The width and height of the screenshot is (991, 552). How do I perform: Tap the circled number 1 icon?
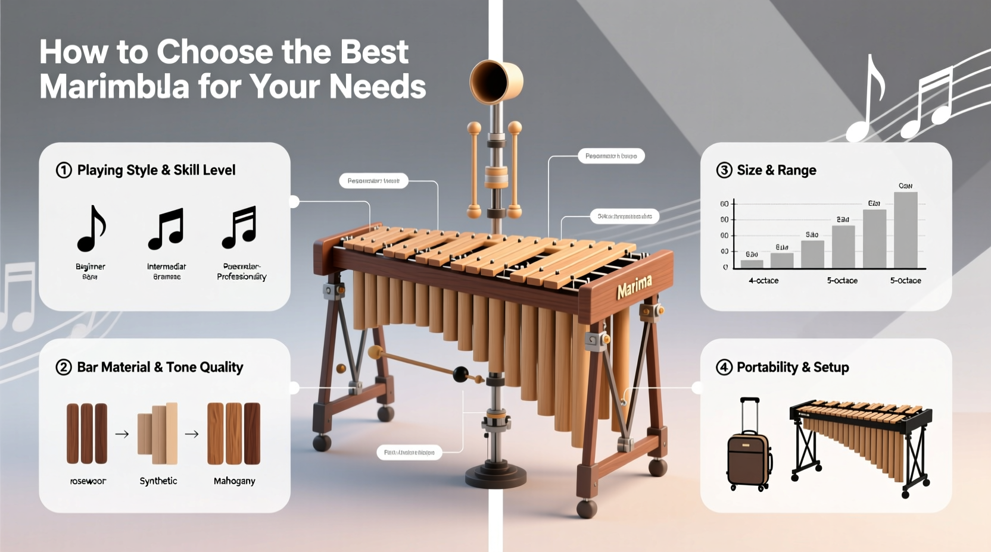tap(64, 171)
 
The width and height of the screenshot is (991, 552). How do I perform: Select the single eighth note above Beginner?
tap(91, 228)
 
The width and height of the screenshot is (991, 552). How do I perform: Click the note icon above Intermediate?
tap(166, 228)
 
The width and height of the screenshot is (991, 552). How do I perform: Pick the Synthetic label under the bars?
tap(158, 481)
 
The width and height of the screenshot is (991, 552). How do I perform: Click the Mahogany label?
tap(234, 481)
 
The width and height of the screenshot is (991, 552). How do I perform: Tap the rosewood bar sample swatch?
tap(87, 433)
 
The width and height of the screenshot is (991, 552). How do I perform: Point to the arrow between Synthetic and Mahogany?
tap(192, 434)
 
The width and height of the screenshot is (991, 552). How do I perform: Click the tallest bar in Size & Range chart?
tap(905, 230)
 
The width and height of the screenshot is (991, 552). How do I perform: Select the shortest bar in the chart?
tap(752, 264)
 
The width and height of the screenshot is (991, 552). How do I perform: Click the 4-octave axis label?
tap(763, 281)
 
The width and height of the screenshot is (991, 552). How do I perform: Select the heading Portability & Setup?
tap(793, 368)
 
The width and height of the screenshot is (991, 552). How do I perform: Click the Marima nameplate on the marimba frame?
tap(634, 287)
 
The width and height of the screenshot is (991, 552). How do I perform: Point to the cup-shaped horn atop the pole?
tap(495, 81)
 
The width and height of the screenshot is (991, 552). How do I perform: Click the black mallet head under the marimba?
tap(460, 374)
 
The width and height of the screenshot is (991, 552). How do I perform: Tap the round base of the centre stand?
tap(496, 476)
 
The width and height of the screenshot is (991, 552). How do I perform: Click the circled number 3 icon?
tap(724, 171)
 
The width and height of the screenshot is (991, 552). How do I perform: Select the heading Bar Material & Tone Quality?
tap(160, 368)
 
